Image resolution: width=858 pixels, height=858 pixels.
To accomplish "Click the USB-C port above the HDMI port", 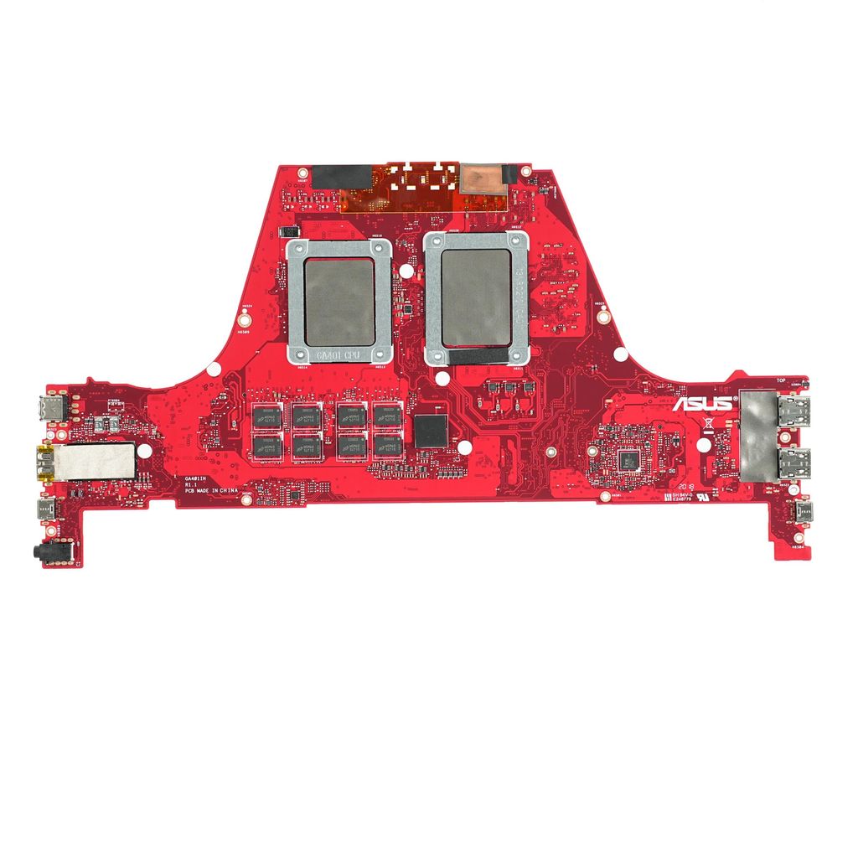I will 53,410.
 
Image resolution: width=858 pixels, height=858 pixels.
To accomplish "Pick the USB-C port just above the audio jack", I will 44,509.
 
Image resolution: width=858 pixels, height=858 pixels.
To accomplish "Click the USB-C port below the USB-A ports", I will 805,512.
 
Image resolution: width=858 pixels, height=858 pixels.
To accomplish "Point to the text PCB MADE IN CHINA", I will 212,492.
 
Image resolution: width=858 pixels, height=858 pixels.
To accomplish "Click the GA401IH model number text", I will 197,478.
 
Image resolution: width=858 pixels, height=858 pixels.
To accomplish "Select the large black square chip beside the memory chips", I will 432,430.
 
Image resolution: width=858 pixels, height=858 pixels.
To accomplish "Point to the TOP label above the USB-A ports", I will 781,380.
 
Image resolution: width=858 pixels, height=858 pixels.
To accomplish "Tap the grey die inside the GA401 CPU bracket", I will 339,301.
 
